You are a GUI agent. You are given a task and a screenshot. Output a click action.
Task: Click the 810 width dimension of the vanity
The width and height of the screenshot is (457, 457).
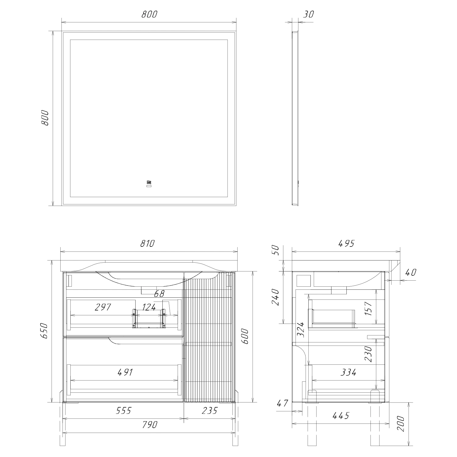[148, 244]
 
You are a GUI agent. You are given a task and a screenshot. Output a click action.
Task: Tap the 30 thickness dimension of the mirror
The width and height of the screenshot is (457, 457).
[309, 14]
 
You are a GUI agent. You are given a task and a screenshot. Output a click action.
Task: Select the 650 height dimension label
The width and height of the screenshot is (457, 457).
[45, 331]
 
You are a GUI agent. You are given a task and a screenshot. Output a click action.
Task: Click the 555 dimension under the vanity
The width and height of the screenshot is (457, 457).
[123, 410]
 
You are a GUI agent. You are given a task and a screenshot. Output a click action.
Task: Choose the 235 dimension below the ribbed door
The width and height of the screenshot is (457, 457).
[210, 410]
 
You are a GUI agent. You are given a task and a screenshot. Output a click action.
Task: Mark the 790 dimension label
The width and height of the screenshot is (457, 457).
[149, 424]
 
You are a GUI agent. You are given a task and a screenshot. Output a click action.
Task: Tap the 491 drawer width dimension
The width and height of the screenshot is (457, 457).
[125, 372]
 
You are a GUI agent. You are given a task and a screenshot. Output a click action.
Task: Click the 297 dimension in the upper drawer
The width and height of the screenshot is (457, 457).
[102, 307]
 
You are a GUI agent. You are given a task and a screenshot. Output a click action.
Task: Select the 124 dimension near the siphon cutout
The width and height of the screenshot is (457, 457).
[149, 307]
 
